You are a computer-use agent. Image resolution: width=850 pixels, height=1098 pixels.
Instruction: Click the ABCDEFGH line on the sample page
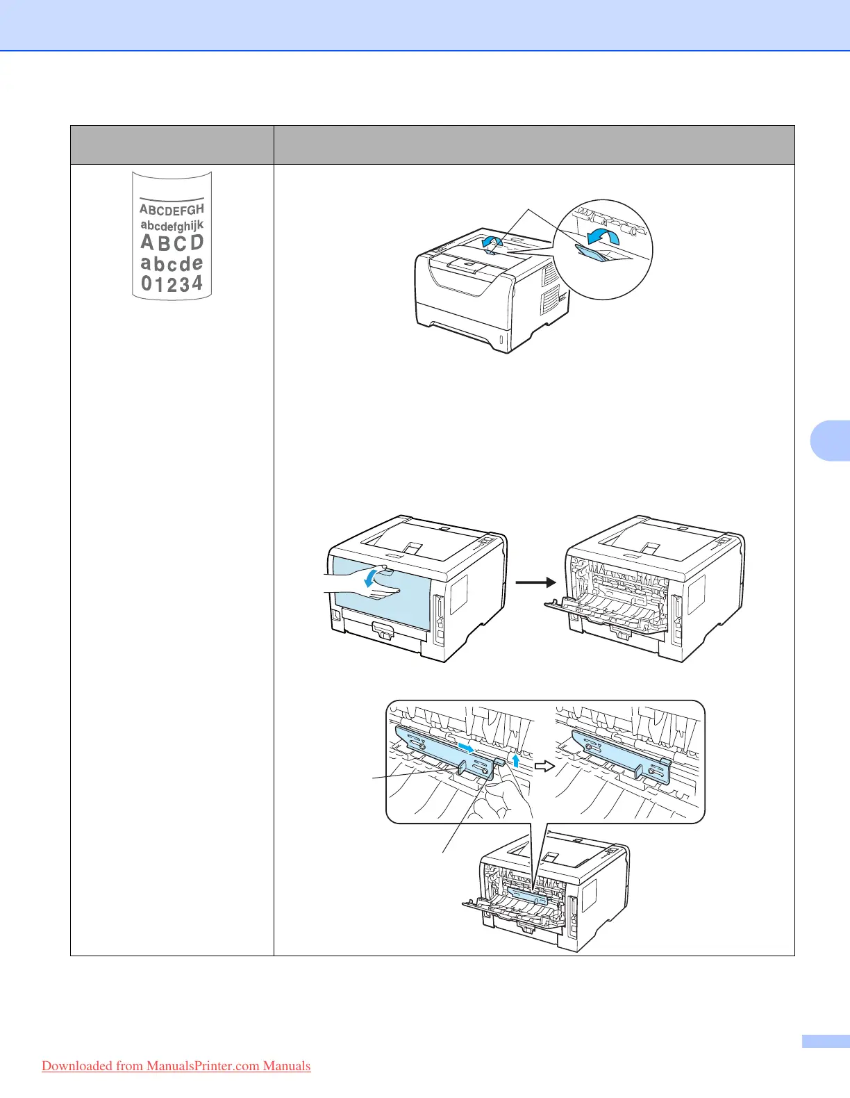(172, 209)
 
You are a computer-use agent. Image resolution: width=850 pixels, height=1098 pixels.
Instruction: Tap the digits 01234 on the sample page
(172, 283)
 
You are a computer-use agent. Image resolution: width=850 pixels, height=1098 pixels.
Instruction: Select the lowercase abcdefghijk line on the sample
(172, 225)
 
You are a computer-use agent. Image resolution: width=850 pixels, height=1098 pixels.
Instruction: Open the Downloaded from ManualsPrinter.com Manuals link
(176, 1066)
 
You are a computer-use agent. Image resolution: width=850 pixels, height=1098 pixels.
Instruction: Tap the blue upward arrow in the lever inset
(515, 760)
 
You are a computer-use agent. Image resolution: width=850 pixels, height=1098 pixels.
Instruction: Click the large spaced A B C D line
(172, 243)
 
